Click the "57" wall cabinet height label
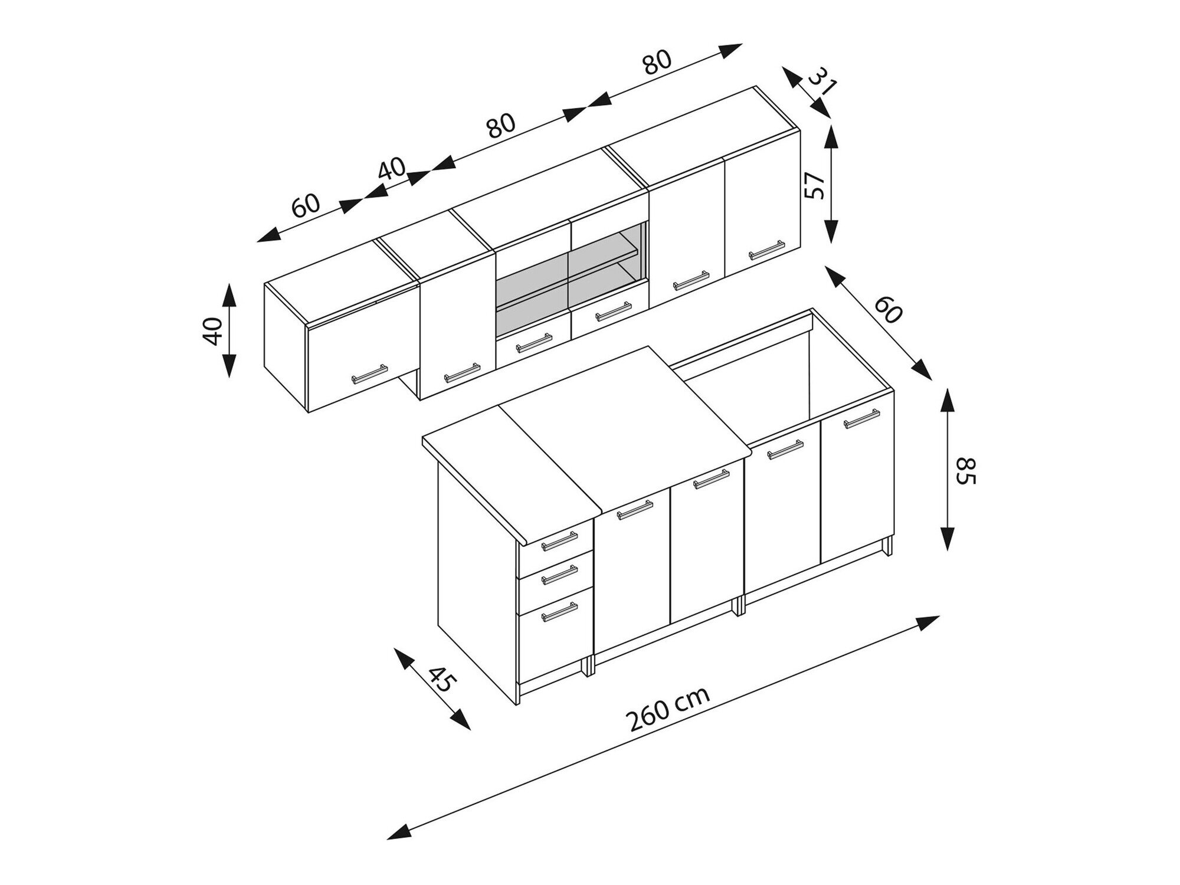814,185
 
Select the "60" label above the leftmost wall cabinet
306,205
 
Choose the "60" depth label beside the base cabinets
888,310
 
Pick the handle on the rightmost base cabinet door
861,418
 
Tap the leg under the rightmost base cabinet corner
887,546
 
